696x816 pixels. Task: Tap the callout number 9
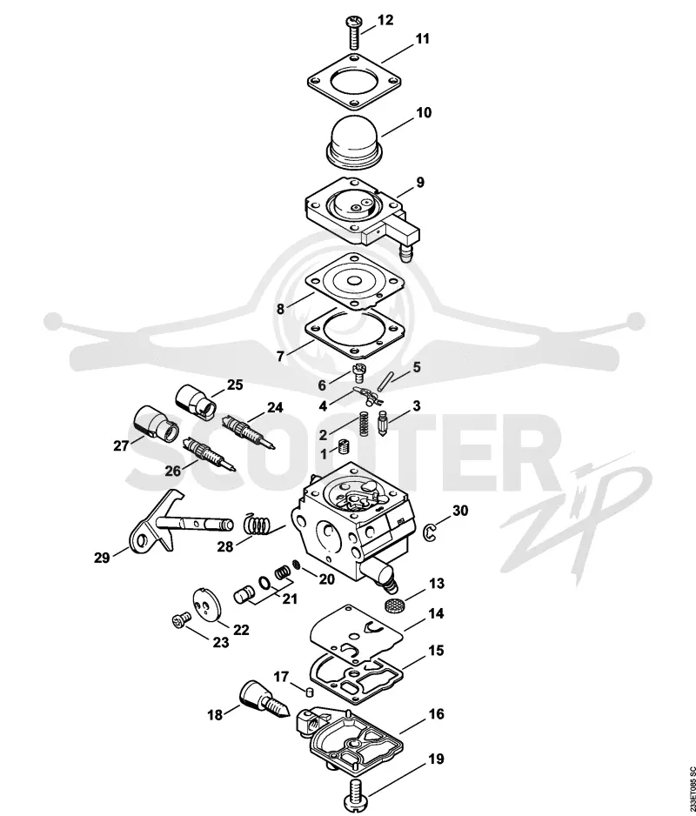419,183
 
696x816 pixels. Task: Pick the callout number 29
102,558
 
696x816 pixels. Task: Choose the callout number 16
436,714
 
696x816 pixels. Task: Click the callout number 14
436,613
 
